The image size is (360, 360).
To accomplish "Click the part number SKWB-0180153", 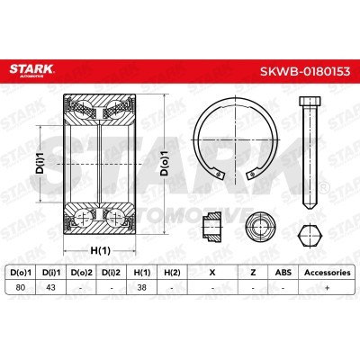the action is pyautogui.click(x=305, y=71).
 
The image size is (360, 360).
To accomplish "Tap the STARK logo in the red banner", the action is pyautogui.click(x=31, y=70).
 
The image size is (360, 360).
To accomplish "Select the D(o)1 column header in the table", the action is pyautogui.click(x=21, y=273).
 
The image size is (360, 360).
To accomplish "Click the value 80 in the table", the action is pyautogui.click(x=21, y=287).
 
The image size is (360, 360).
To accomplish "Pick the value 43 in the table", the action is pyautogui.click(x=50, y=287).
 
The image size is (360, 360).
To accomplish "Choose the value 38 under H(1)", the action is pyautogui.click(x=141, y=287).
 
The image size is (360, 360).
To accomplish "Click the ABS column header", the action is pyautogui.click(x=283, y=273).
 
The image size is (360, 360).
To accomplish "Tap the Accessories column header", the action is pyautogui.click(x=328, y=273).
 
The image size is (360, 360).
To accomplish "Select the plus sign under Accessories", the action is pyautogui.click(x=328, y=287).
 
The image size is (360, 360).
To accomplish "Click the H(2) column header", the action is pyautogui.click(x=172, y=273).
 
